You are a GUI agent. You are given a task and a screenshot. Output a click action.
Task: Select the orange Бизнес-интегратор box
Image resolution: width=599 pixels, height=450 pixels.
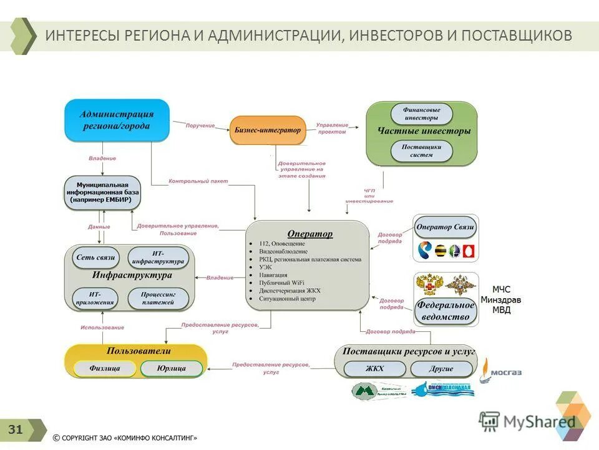coord(268,130)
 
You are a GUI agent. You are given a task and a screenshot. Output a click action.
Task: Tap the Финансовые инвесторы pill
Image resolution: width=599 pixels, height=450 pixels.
coord(421,113)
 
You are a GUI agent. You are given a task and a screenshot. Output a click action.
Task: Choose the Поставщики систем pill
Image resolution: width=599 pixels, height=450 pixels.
coord(421,151)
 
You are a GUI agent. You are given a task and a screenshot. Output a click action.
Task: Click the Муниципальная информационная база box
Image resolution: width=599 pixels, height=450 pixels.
coord(103,192)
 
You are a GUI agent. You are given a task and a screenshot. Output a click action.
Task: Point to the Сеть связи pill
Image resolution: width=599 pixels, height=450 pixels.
coord(95,257)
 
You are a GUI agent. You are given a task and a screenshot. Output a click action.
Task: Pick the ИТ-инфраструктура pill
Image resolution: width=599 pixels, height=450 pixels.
coord(158,257)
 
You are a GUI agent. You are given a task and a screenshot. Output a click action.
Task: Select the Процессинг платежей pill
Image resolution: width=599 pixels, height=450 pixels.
coord(158,298)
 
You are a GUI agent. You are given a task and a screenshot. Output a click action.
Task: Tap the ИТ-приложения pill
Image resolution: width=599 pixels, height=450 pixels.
coord(95,298)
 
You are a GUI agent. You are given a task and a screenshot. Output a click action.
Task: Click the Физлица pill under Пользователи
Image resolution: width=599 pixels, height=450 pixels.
coord(104,369)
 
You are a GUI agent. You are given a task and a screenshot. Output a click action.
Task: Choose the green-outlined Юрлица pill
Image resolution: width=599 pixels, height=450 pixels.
coord(172,369)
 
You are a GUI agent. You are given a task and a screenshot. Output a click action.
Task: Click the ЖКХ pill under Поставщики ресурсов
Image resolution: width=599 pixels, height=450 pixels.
coord(374,369)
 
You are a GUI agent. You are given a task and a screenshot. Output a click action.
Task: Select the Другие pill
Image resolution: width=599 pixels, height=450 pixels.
coord(441,369)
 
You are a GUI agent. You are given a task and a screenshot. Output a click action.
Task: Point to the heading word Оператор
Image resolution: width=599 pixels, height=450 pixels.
coord(309,234)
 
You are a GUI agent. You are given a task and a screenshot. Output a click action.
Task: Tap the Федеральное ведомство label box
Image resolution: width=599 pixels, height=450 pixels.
coord(446,311)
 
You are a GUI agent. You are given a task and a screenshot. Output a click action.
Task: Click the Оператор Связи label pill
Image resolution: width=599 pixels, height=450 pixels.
coord(446,227)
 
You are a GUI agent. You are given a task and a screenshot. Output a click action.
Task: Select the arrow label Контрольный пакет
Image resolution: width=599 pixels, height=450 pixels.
coord(198,181)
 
